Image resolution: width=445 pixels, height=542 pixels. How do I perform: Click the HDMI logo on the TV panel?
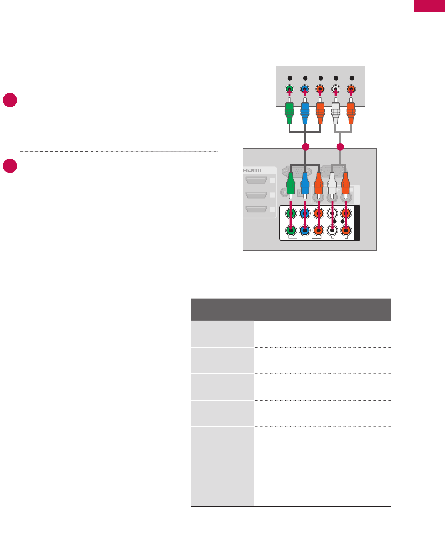(x=252, y=170)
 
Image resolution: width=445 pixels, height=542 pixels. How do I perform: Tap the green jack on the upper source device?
(x=290, y=89)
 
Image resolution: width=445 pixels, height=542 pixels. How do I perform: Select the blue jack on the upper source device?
(x=305, y=89)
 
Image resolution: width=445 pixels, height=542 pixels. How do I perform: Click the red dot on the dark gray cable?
(x=306, y=147)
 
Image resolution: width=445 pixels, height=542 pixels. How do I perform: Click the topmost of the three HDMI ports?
(x=256, y=180)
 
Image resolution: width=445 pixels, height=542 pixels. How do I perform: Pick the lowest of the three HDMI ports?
(x=256, y=209)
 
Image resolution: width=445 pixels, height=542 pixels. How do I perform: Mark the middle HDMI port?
(x=256, y=195)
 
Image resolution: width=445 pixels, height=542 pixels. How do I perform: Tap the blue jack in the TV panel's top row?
(x=305, y=213)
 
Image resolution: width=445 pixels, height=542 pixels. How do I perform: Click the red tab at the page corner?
(x=429, y=6)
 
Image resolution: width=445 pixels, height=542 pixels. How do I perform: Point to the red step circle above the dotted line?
(x=10, y=100)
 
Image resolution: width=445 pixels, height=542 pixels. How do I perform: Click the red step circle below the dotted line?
(x=10, y=166)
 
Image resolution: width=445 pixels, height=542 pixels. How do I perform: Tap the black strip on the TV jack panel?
(x=357, y=223)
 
